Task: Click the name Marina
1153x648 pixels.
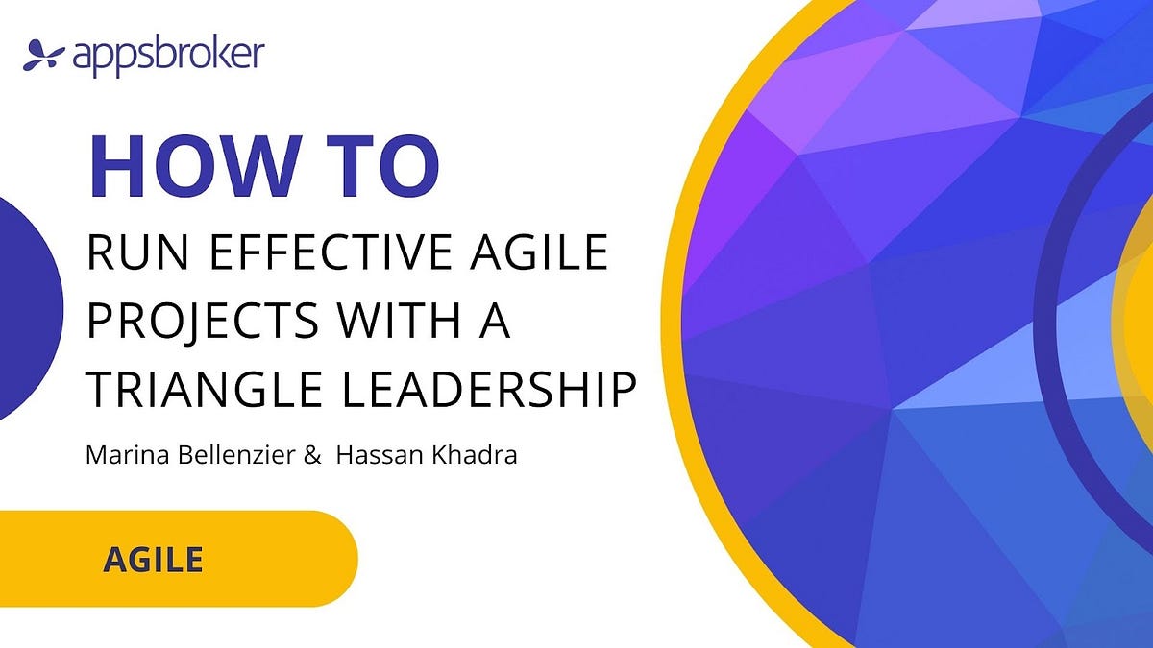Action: click(x=119, y=454)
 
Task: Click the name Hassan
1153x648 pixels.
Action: click(x=371, y=454)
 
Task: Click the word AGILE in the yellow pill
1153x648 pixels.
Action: click(x=153, y=558)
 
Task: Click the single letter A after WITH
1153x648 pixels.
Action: click(x=495, y=322)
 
